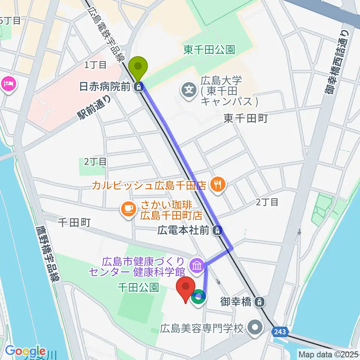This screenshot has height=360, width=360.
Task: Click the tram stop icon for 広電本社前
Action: pos(216,230)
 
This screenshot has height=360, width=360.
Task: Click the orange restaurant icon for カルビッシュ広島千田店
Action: pos(217,184)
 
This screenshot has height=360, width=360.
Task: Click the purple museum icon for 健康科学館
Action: pos(196,266)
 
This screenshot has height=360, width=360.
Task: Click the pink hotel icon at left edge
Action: pos(8,83)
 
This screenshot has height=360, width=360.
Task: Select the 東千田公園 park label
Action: pos(209,50)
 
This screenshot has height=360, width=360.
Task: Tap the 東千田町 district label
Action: pos(245,119)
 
